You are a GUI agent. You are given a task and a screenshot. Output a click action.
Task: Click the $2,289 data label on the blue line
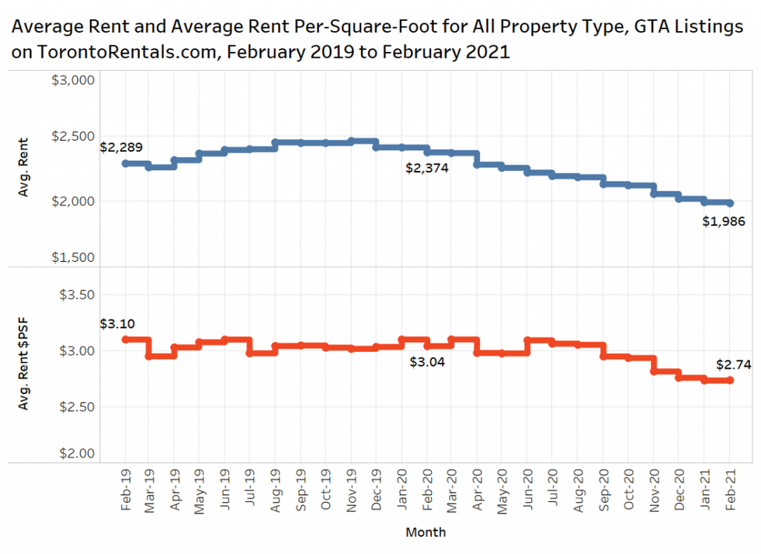[121, 147]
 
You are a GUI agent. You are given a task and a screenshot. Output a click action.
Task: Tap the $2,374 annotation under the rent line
[428, 167]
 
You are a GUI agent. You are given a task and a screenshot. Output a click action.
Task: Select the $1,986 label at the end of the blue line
[725, 221]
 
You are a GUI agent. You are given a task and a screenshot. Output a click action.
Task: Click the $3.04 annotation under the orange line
[427, 361]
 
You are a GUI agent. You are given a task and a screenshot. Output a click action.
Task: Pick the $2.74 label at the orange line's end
[733, 364]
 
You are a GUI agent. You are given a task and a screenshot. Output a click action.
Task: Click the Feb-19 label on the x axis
[126, 488]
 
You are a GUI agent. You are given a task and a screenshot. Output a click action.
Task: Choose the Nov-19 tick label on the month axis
[352, 488]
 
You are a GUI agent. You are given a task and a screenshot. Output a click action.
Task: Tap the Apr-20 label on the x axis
[477, 488]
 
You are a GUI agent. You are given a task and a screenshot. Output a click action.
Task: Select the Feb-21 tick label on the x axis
[730, 488]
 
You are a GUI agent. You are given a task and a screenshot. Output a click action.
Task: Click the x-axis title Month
[426, 532]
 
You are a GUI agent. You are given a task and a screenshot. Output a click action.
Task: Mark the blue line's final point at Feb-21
[730, 203]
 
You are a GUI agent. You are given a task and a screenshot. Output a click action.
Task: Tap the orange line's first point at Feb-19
[126, 340]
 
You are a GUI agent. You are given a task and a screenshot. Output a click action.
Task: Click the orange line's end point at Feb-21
[730, 380]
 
